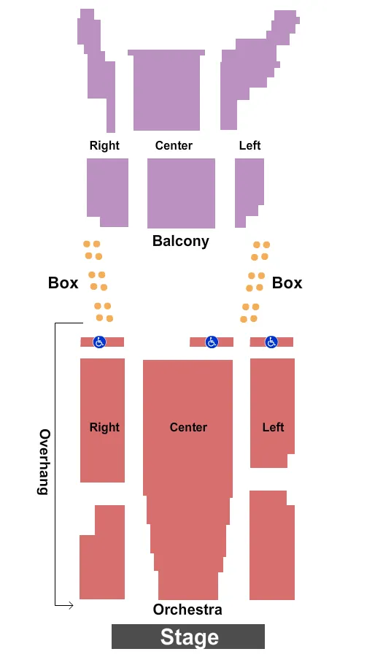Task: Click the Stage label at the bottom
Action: click(x=189, y=637)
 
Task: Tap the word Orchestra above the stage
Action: click(x=187, y=610)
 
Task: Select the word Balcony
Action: click(x=180, y=241)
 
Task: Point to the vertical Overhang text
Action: click(x=45, y=461)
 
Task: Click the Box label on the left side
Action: click(x=63, y=283)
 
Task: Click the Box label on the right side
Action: click(x=287, y=283)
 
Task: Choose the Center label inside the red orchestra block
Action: click(x=188, y=427)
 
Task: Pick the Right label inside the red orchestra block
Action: click(x=104, y=427)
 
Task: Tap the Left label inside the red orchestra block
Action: click(x=273, y=427)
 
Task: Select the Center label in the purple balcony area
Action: click(x=174, y=145)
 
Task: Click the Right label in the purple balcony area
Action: click(x=104, y=145)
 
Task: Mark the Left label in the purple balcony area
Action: click(x=249, y=145)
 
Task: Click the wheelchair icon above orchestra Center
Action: click(x=212, y=342)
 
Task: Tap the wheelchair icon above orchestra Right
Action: click(x=100, y=342)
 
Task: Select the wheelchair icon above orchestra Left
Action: click(x=271, y=342)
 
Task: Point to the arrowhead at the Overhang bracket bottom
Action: click(x=70, y=605)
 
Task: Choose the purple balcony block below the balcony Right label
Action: click(x=108, y=191)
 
